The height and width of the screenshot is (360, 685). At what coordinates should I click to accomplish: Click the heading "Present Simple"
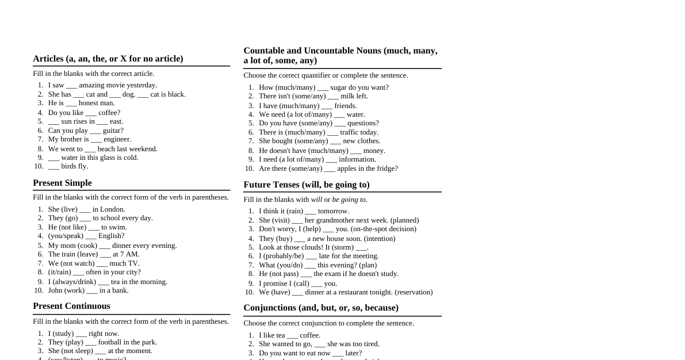point(62,183)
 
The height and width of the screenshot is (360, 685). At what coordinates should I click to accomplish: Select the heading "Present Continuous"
point(71,306)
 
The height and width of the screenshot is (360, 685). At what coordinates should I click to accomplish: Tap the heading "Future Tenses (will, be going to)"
point(306,185)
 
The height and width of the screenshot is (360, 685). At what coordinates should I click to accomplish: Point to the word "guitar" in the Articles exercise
point(113,131)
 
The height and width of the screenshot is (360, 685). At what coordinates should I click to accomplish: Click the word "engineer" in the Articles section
point(117,139)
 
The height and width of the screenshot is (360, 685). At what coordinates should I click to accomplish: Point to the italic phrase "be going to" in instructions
point(349,200)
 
